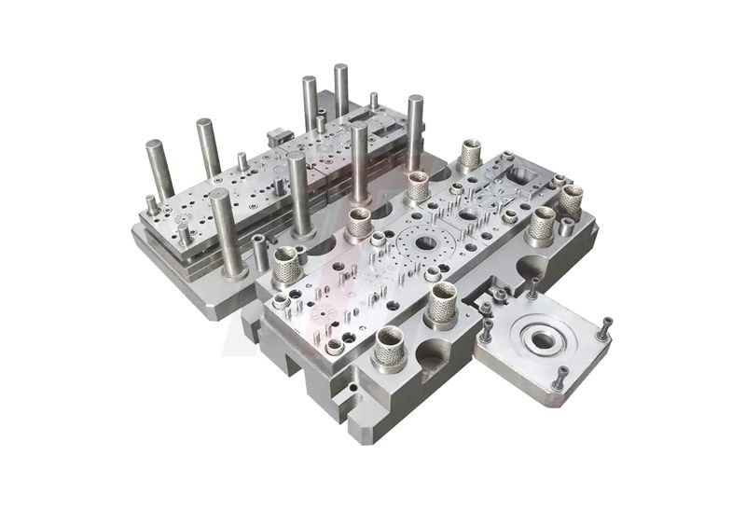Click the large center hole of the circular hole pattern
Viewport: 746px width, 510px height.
click(x=425, y=243)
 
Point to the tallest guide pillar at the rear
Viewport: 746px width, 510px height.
click(x=341, y=89)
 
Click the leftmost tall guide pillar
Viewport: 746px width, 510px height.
click(x=159, y=169)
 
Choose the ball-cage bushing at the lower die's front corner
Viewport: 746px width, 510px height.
click(x=389, y=345)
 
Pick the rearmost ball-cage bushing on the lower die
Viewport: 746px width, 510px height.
click(x=471, y=155)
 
